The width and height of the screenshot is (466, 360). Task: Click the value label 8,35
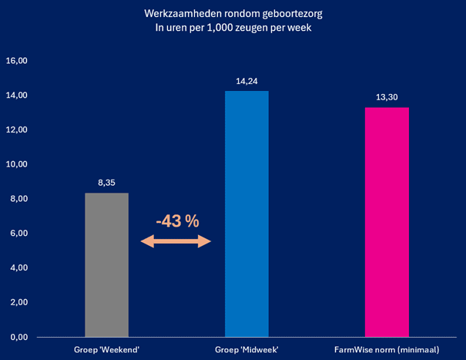pos(106,183)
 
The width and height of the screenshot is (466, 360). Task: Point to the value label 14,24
pos(246,81)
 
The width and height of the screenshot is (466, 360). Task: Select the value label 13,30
pos(387,97)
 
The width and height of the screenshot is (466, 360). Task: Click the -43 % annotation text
pos(177,220)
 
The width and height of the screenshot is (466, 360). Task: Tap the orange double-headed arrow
pos(176,242)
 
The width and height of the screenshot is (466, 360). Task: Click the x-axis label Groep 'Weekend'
pos(106,349)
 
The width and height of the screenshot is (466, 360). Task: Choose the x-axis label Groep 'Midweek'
pos(246,349)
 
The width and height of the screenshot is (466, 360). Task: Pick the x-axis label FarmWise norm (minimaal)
pos(387,349)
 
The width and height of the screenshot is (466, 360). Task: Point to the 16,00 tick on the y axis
pos(17,61)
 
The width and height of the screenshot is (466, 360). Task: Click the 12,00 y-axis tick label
pos(17,130)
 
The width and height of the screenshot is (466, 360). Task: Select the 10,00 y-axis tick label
pos(17,164)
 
